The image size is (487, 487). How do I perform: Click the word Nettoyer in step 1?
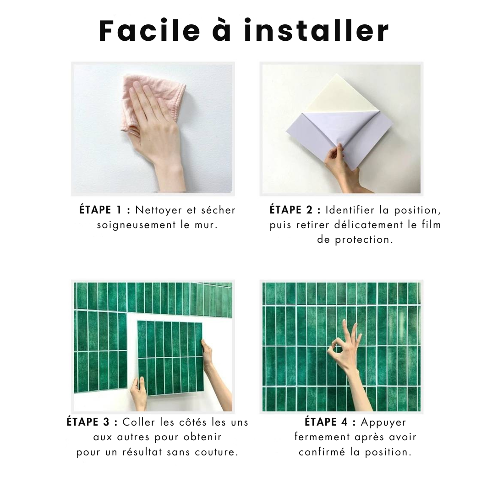point(159,210)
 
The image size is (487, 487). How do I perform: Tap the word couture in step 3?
point(216,452)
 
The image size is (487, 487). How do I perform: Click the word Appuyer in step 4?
point(383,423)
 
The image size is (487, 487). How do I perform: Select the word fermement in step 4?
point(322,438)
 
